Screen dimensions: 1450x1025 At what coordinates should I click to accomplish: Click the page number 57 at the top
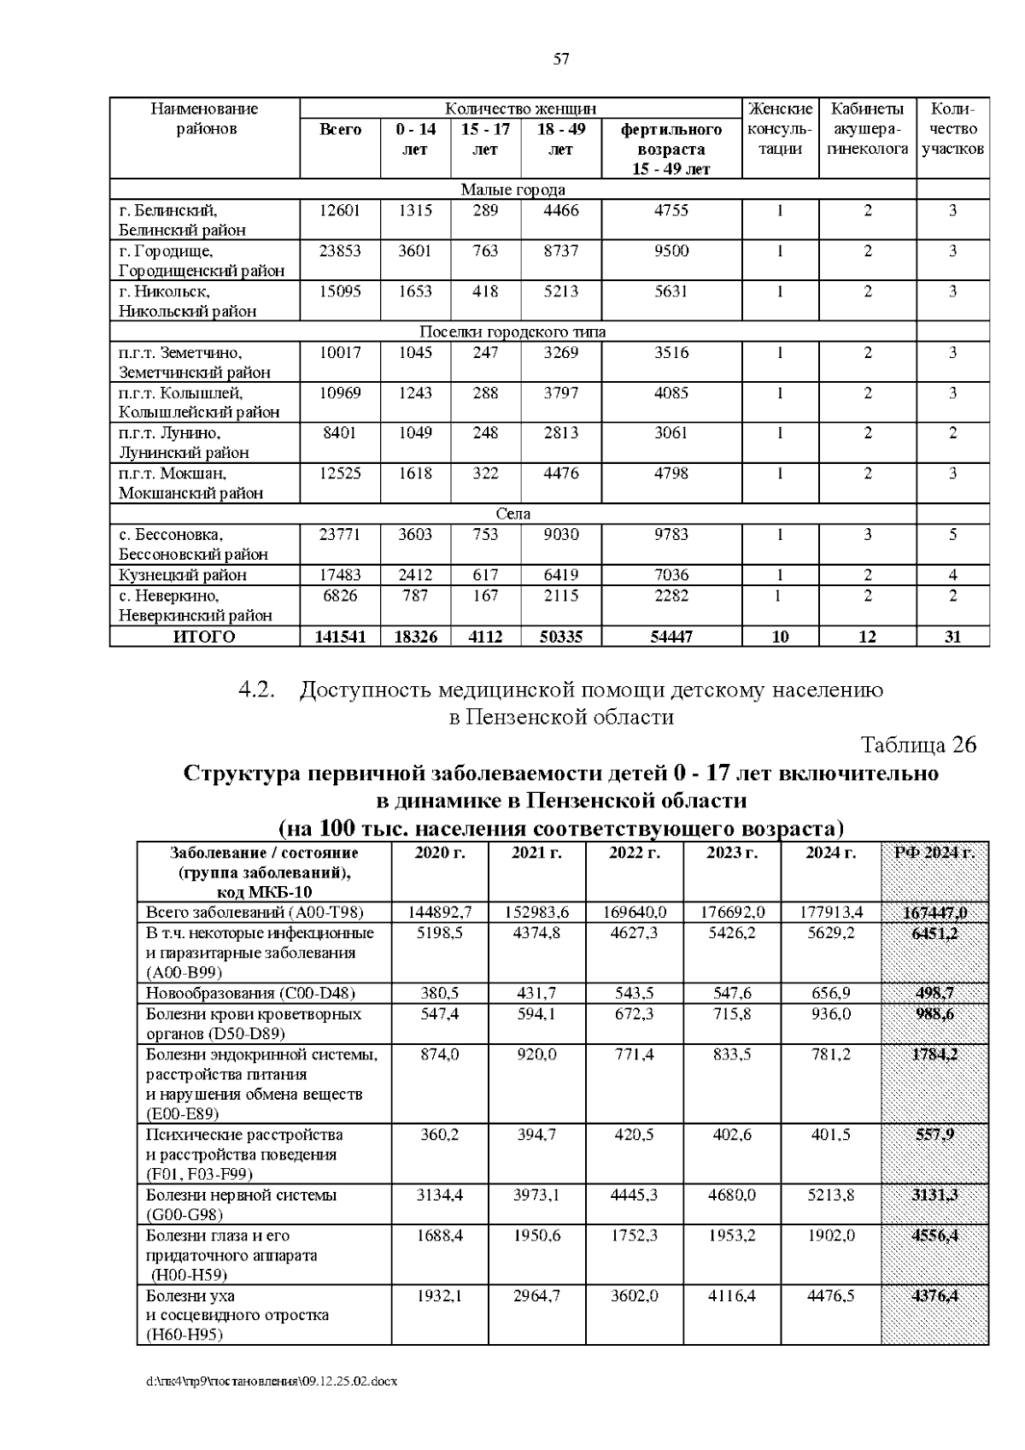coord(561,59)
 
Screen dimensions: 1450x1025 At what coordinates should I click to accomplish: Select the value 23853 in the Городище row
coord(340,251)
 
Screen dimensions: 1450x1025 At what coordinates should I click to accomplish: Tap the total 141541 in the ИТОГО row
coord(340,637)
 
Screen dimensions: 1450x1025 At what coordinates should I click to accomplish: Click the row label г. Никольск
coord(164,291)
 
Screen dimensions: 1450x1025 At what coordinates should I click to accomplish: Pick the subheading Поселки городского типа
coord(512,332)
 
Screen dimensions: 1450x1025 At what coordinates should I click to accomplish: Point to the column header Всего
coord(340,130)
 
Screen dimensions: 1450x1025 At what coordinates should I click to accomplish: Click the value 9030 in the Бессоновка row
coord(561,535)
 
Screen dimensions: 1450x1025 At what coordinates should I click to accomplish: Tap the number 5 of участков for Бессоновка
coord(952,535)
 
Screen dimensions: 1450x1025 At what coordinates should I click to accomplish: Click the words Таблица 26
coord(918,745)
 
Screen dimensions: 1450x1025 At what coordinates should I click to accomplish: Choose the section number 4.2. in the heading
coord(257,690)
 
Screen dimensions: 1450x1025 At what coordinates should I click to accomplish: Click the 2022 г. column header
coord(634,853)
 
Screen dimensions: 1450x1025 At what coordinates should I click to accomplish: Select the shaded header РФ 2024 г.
coord(934,853)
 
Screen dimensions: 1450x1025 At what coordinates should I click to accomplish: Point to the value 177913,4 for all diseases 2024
coord(830,913)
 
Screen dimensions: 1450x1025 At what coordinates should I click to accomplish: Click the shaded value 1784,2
coord(934,1054)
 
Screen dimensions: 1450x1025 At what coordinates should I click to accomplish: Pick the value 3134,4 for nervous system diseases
coord(439,1195)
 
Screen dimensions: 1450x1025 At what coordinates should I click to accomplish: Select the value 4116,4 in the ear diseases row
coord(732,1296)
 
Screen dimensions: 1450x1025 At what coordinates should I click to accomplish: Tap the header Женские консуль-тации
coord(780,129)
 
